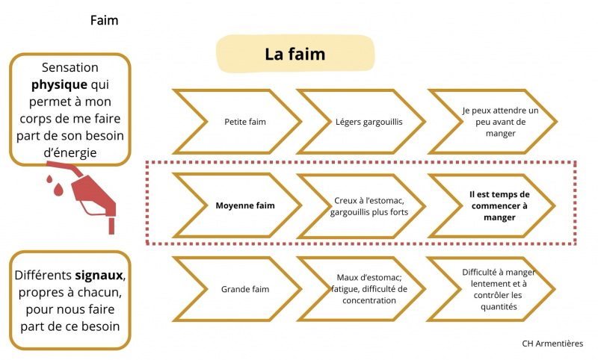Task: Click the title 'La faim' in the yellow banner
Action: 295,55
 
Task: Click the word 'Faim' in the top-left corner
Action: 104,20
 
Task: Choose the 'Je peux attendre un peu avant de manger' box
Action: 494,121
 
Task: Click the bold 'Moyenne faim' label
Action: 245,205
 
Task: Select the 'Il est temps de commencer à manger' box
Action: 499,205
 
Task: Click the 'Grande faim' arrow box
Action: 245,289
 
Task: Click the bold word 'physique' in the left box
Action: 60,84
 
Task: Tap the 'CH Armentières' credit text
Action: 552,344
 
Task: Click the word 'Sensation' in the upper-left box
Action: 70,67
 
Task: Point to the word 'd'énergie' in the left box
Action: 70,152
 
